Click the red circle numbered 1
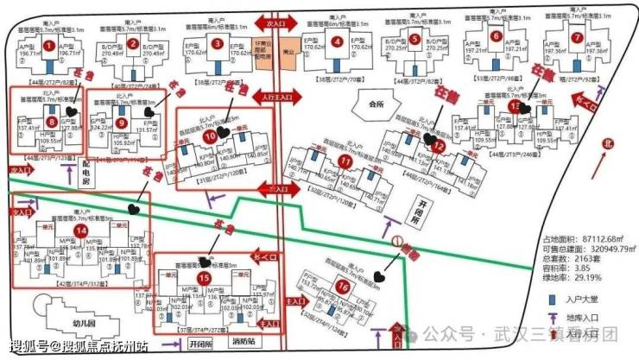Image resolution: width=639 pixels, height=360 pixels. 49,45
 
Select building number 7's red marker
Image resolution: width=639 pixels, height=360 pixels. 577,38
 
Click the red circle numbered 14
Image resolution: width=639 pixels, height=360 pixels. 80,231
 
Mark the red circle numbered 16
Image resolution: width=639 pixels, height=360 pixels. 343,287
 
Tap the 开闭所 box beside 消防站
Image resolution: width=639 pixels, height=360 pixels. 199,343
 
